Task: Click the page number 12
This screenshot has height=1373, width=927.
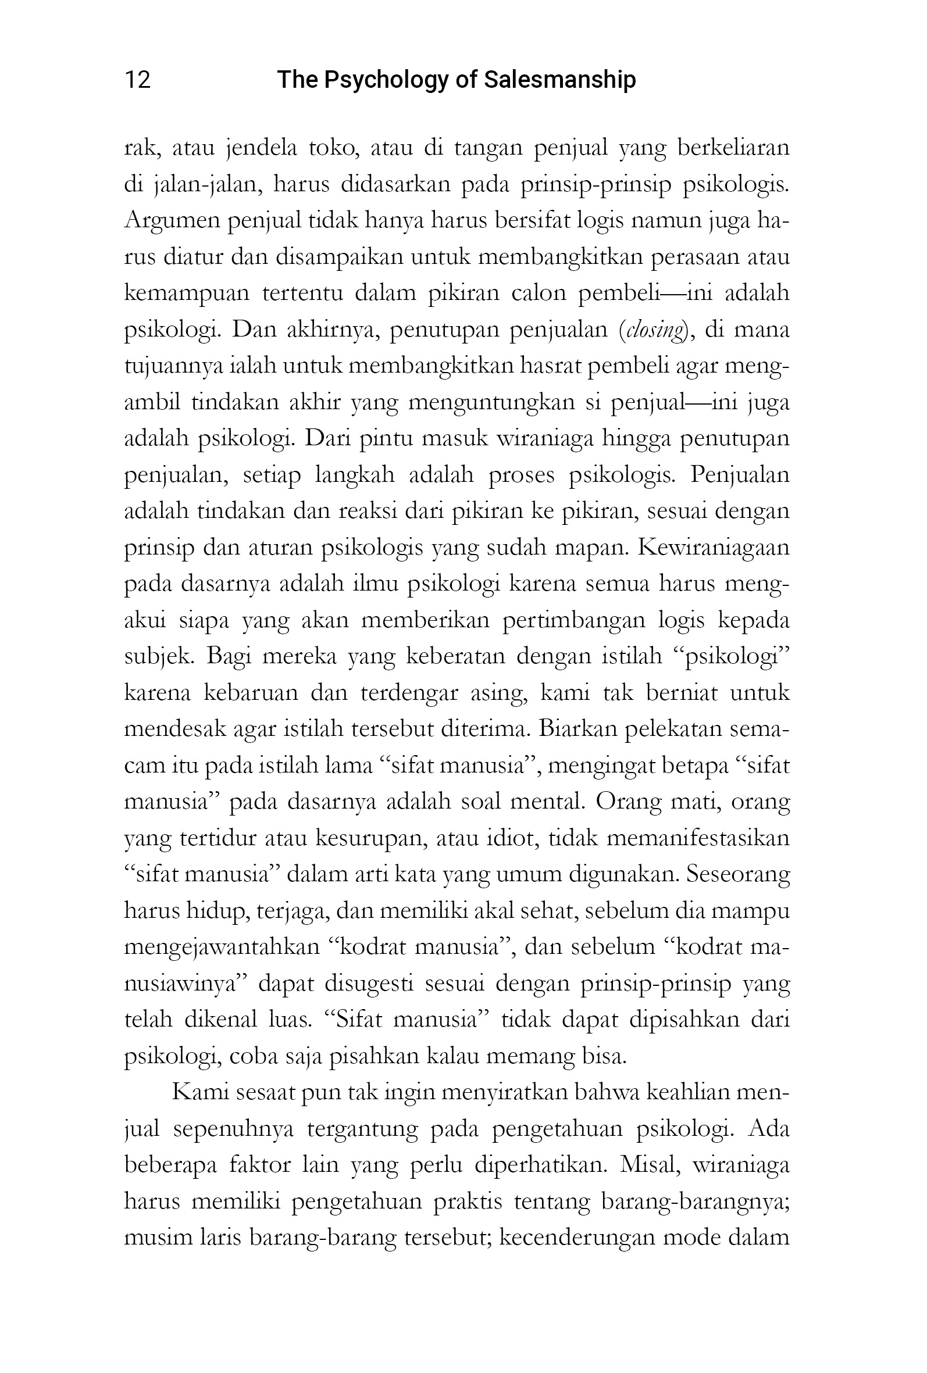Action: click(138, 79)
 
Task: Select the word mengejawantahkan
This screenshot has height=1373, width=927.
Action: click(221, 947)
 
